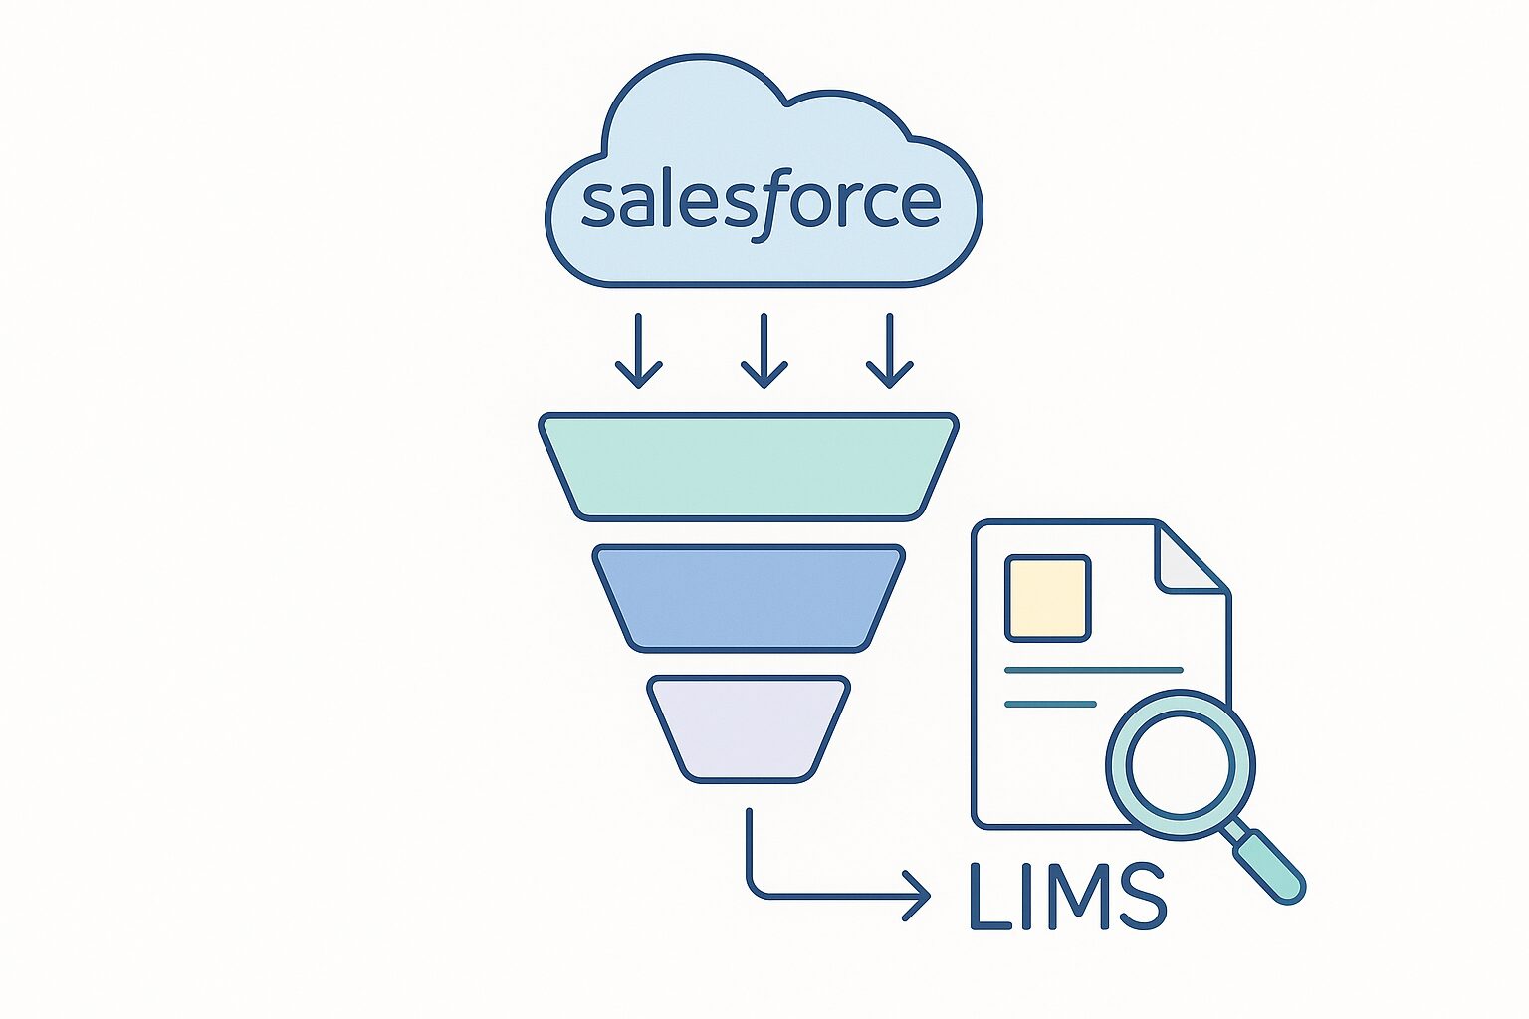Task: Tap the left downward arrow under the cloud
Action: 638,352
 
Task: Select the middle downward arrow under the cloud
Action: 764,352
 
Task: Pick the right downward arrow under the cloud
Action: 889,352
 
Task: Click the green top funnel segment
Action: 749,466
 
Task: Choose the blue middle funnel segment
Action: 749,597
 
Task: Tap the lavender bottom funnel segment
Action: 749,727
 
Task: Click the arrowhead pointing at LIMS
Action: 917,895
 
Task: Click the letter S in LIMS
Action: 1144,896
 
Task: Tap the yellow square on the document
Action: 1048,597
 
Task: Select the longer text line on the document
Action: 1093,670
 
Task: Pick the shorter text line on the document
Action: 1050,704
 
